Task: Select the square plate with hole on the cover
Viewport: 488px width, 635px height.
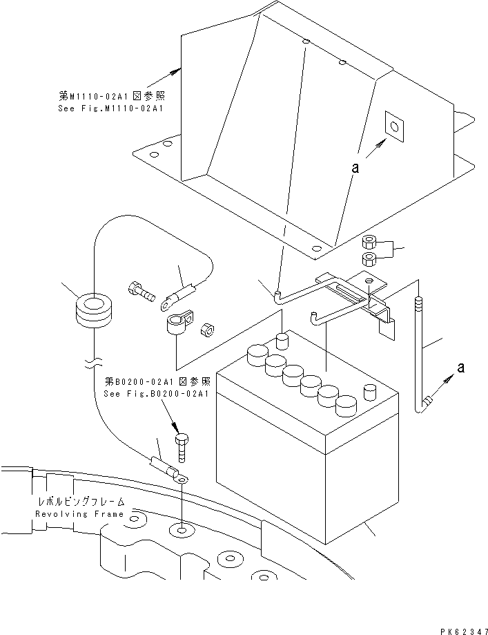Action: (x=393, y=126)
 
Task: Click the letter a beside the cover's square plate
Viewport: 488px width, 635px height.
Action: (x=355, y=167)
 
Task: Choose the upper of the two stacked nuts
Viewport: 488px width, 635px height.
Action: (x=369, y=243)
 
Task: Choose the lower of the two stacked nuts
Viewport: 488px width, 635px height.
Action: (x=369, y=260)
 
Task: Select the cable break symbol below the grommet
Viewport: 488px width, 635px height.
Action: (x=92, y=361)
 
